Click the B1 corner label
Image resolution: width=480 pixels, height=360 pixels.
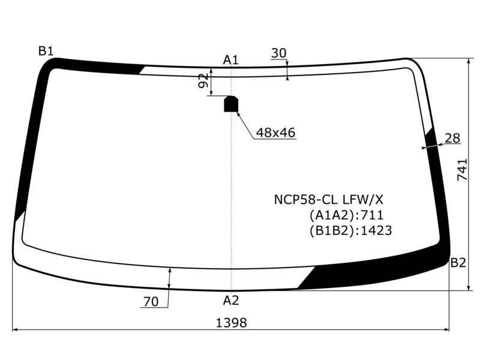(46, 51)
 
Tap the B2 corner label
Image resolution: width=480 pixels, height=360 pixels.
(458, 263)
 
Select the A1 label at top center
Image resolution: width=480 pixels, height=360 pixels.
(230, 60)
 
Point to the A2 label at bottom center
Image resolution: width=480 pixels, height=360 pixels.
(231, 301)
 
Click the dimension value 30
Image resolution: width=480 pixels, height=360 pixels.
(278, 53)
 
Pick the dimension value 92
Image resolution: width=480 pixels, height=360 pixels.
(203, 81)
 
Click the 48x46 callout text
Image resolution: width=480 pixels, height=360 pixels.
(275, 133)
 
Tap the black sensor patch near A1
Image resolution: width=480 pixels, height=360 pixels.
(231, 104)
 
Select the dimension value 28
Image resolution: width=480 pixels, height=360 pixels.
(452, 139)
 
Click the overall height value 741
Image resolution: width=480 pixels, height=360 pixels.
(462, 170)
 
